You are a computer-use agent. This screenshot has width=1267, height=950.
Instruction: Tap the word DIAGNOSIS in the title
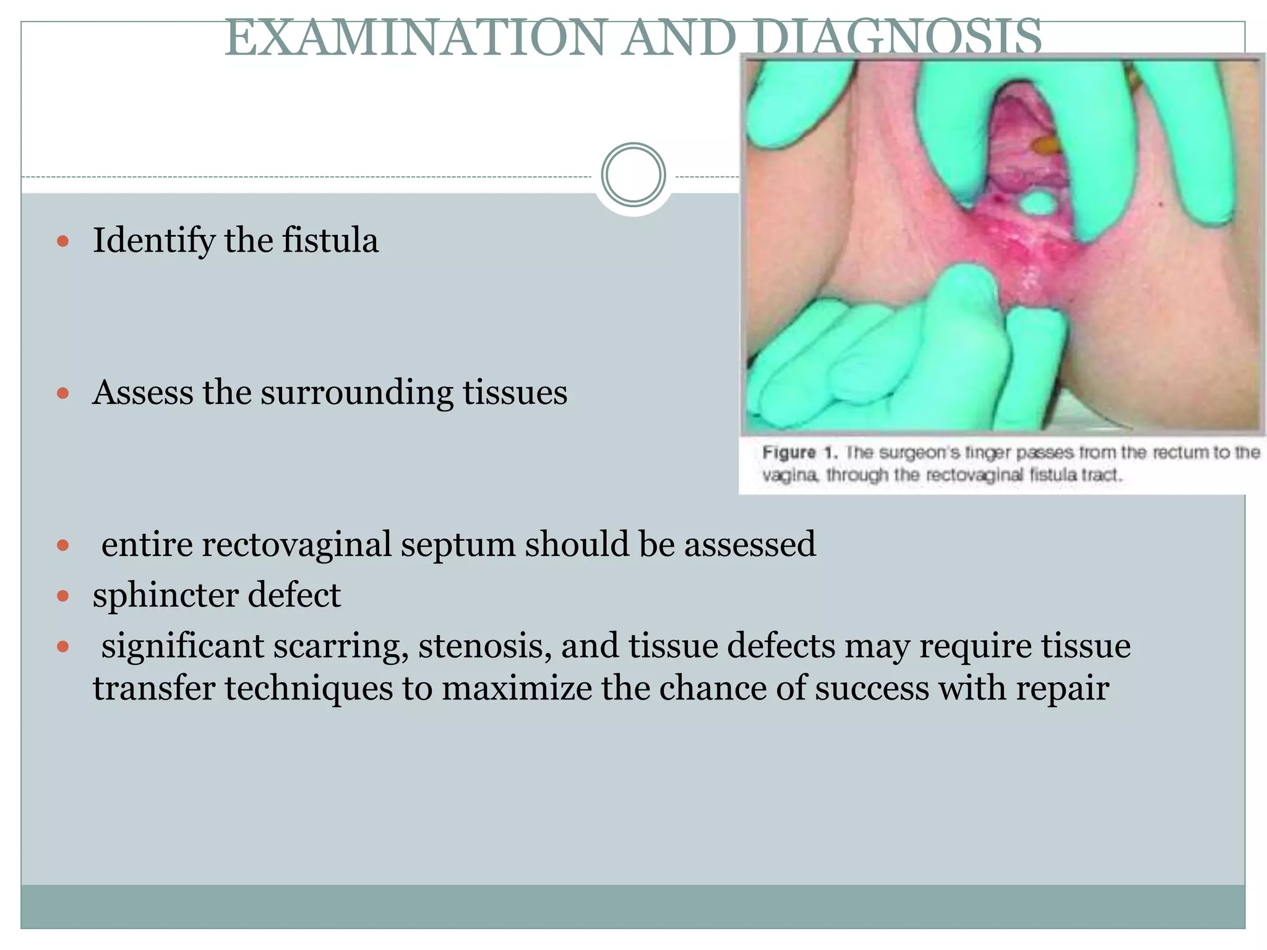897,38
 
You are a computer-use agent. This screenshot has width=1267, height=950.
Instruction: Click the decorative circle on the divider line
633,175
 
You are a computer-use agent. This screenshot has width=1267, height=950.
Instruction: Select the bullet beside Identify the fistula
62,241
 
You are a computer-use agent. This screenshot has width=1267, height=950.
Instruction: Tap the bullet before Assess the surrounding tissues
62,393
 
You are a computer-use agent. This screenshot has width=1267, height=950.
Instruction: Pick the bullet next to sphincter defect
62,596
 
